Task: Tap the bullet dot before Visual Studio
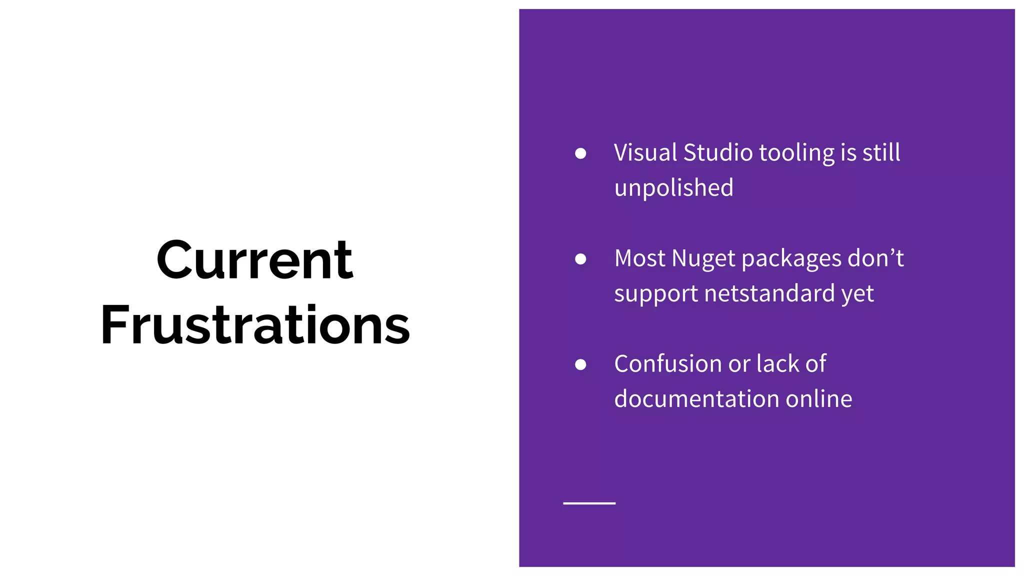point(580,153)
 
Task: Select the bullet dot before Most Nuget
point(580,258)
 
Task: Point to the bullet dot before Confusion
point(580,364)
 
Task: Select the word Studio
point(718,152)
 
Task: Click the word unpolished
point(673,188)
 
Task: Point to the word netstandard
point(769,293)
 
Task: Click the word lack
point(777,363)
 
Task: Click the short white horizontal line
point(589,503)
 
